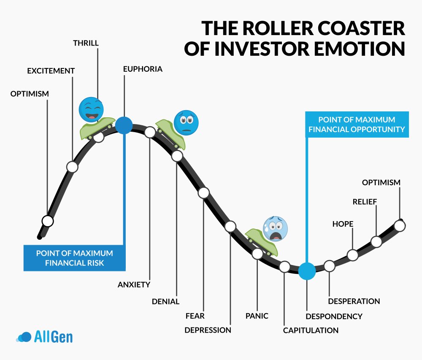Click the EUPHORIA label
coord(143,69)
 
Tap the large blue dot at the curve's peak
coord(124,125)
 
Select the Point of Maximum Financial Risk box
coord(74,258)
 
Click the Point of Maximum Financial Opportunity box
coord(357,125)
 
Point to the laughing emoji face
coord(91,109)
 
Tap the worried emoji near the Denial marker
coord(186,122)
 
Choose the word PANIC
coord(257,315)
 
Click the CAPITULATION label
coord(311,330)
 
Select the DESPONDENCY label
coord(334,316)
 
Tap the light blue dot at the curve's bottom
coord(307,271)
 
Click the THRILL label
coord(87,43)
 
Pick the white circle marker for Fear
coord(204,193)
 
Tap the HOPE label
coord(343,224)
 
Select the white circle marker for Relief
coord(376,241)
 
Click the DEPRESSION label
coord(208,330)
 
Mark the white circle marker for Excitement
coord(72,167)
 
